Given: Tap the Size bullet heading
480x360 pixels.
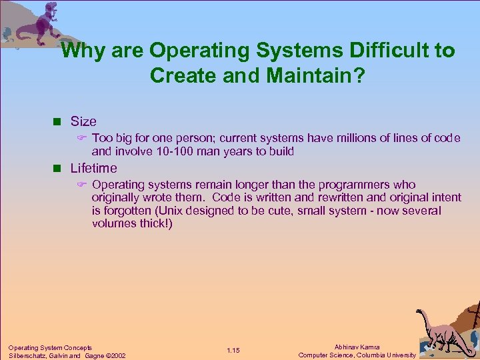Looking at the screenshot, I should (x=83, y=121).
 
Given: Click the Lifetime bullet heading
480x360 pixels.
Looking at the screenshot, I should (x=93, y=168).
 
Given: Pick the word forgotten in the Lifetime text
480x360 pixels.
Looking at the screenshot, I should (x=119, y=211).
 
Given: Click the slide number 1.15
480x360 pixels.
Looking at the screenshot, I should (x=233, y=351).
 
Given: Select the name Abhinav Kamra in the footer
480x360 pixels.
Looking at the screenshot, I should (x=357, y=347).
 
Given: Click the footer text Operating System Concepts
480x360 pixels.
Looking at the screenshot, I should (x=50, y=347).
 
